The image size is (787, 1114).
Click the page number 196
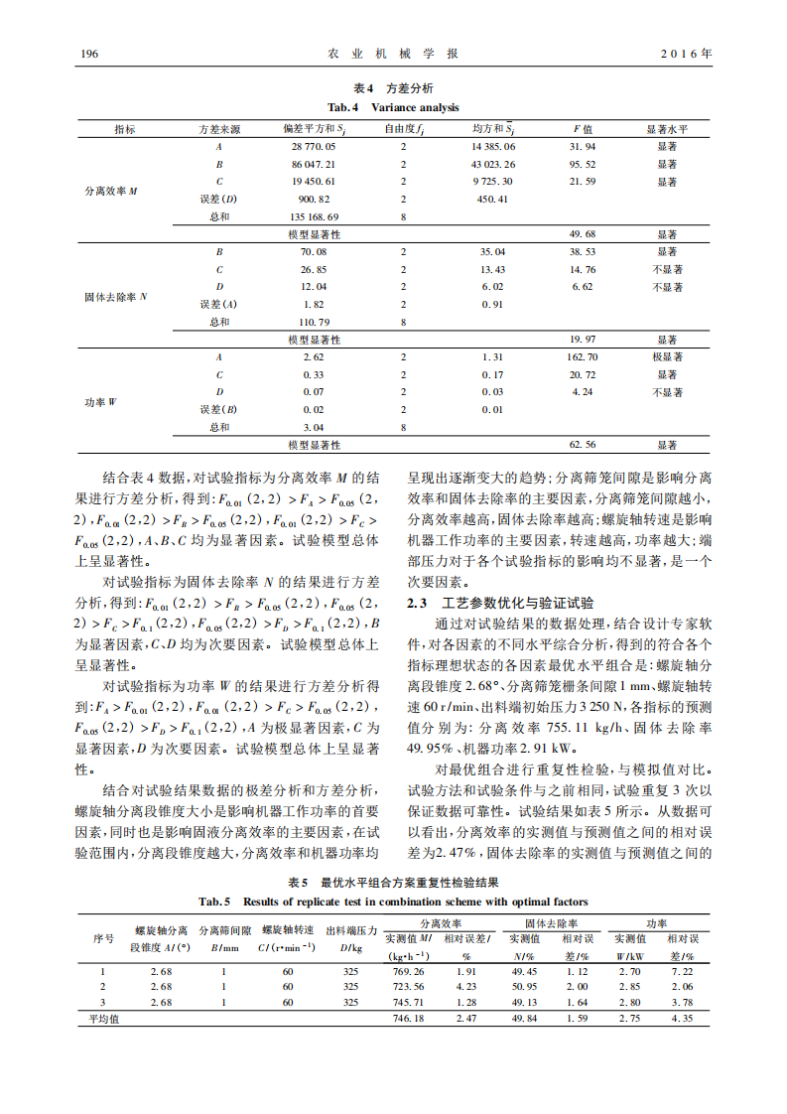[x=86, y=53]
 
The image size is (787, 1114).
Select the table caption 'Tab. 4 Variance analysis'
[x=393, y=107]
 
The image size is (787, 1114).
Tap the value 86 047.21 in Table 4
[x=314, y=164]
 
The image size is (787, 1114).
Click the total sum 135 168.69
[x=314, y=216]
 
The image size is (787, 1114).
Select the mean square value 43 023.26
[x=493, y=164]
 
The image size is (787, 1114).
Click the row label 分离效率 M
[x=111, y=190]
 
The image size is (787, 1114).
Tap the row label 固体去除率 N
[x=115, y=296]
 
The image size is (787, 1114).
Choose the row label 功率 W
[x=100, y=401]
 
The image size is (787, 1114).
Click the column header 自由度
[x=404, y=129]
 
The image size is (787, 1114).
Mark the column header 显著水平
[x=667, y=129]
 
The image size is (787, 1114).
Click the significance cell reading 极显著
[x=667, y=356]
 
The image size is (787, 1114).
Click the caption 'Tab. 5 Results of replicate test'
[x=393, y=902]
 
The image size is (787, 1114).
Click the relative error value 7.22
[x=681, y=970]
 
